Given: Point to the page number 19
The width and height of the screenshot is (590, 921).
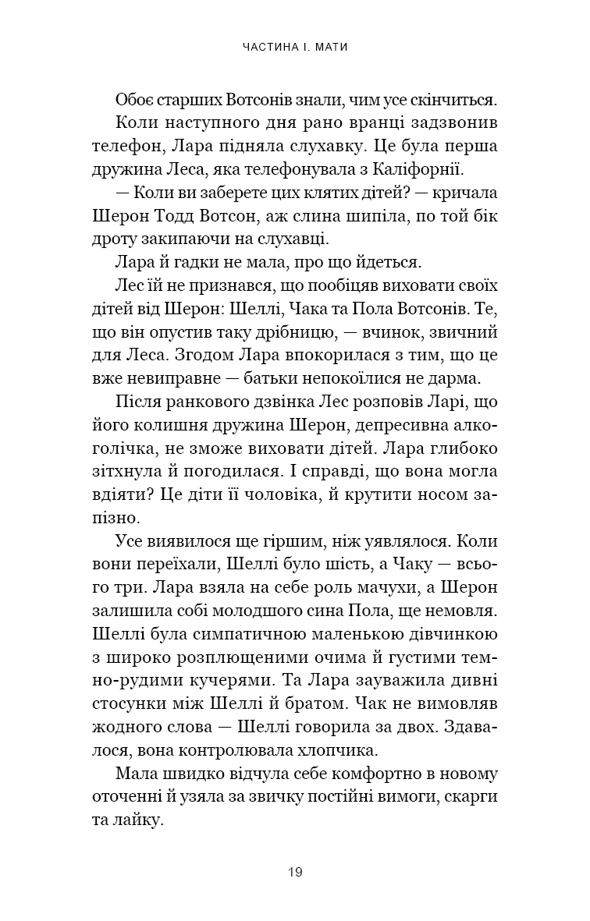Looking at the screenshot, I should pos(294,871).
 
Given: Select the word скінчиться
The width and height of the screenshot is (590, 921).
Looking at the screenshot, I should pos(451,101).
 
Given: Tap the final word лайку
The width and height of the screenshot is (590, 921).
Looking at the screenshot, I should pos(143,819).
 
